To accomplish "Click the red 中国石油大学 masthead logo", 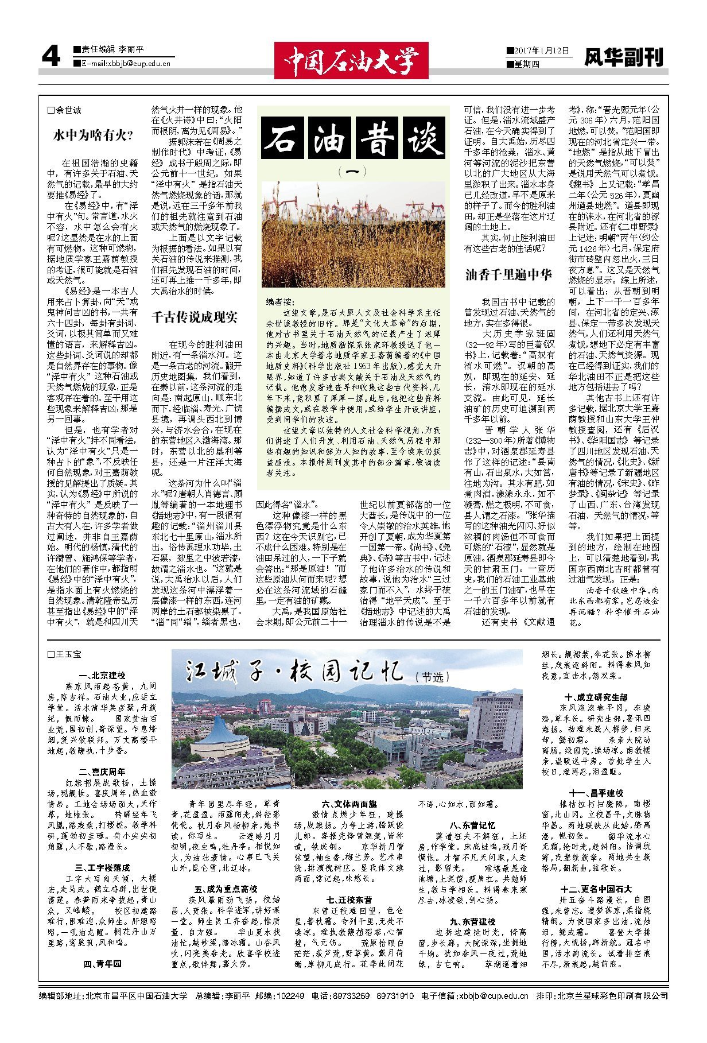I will (x=351, y=60).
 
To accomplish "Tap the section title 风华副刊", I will (x=623, y=57).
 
